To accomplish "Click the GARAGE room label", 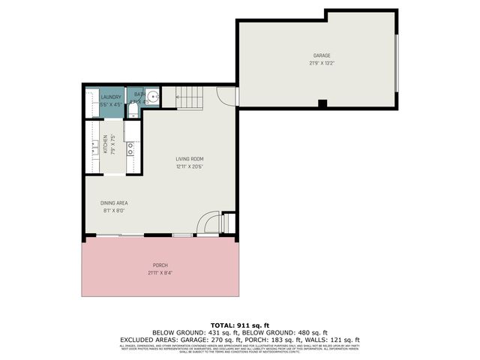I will click(x=321, y=55).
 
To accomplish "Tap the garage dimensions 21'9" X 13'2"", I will click(x=321, y=63).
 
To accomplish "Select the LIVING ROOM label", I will click(x=190, y=159).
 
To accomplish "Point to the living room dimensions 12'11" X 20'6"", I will click(x=190, y=166).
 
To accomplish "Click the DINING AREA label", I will click(x=114, y=203).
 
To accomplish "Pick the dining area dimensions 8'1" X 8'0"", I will click(x=114, y=211).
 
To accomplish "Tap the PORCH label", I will click(x=160, y=265).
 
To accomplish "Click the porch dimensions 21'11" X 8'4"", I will click(x=160, y=273).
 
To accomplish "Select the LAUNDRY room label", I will click(x=110, y=97).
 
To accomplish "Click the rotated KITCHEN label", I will click(x=105, y=144).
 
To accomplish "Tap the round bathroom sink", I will click(x=151, y=96).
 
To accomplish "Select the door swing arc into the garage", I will click(x=226, y=95).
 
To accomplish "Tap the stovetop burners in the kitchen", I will click(x=130, y=149).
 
